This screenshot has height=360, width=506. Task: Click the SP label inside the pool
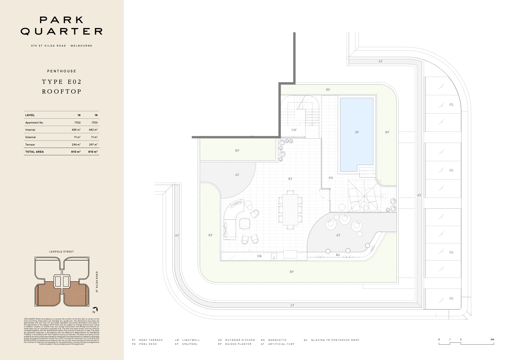tap(357, 132)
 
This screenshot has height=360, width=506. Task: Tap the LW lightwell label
tap(294, 130)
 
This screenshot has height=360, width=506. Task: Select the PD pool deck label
tap(331, 178)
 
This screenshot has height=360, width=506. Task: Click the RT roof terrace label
tap(290, 179)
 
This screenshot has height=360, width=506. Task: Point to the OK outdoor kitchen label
tap(259, 256)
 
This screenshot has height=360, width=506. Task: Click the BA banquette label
tap(338, 255)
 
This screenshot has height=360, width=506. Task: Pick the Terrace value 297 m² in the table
tap(93, 145)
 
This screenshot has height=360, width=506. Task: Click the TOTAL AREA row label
tap(35, 152)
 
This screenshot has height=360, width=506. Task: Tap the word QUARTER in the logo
tap(61, 31)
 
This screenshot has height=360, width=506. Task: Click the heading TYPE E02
tap(62, 82)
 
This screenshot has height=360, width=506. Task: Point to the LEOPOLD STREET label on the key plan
tap(61, 252)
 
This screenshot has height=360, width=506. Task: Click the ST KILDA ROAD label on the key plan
tap(97, 282)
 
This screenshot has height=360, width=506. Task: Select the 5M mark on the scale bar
tap(492, 339)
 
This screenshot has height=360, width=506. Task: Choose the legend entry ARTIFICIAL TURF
tap(281, 344)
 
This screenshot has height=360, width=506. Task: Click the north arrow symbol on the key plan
tap(96, 310)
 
